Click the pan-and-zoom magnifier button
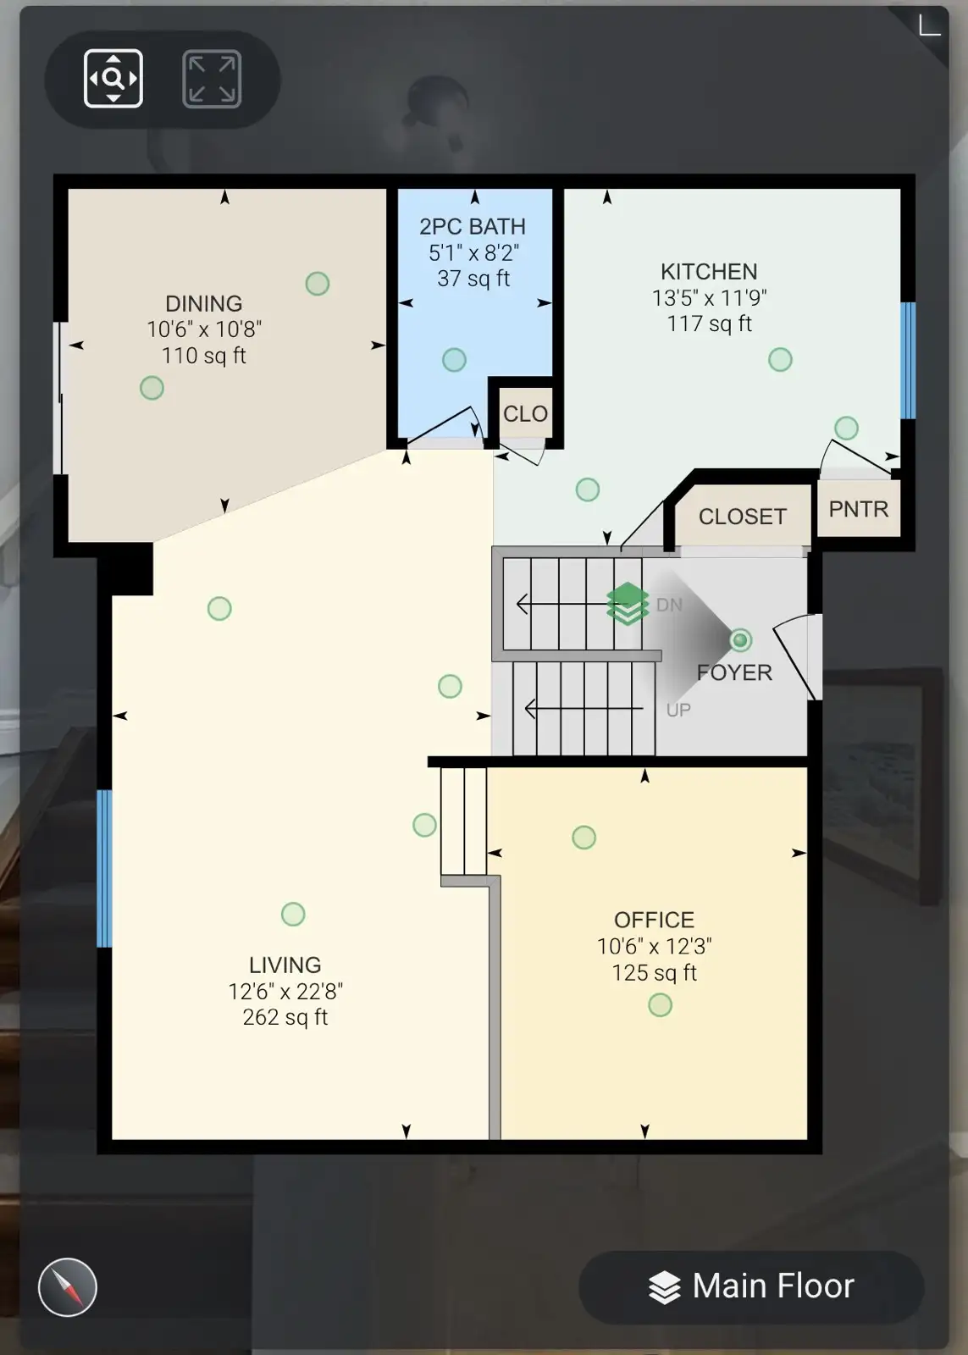[113, 79]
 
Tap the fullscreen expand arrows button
[212, 79]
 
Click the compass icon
[67, 1287]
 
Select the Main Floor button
[751, 1286]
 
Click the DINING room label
[204, 303]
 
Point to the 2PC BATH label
[473, 226]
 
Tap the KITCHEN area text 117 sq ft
[709, 324]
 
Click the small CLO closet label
[525, 414]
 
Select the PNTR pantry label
[859, 509]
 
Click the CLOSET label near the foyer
[743, 516]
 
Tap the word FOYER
[734, 672]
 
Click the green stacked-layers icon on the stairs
[628, 603]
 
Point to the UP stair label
[678, 710]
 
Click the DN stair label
[669, 605]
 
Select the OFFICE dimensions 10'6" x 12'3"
[654, 946]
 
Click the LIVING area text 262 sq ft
[285, 1017]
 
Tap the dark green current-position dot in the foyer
[740, 639]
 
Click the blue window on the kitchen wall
[908, 361]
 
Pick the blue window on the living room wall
[104, 868]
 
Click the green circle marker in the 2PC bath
[454, 359]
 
